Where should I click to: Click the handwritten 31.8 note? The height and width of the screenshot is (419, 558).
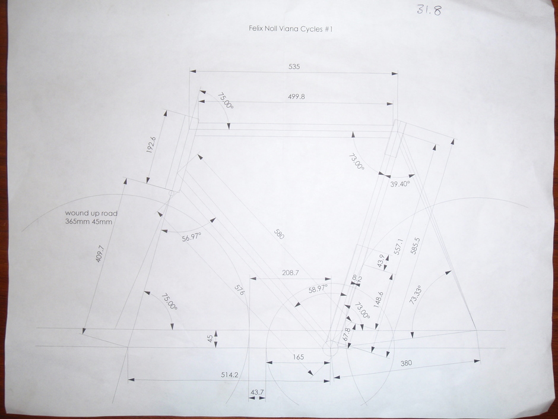[430, 10]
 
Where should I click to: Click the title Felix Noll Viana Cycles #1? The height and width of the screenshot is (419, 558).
[290, 29]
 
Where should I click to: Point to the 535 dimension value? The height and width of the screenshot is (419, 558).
[294, 67]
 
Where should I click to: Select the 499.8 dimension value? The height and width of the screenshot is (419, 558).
[296, 96]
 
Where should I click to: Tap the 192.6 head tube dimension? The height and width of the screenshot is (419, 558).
[151, 144]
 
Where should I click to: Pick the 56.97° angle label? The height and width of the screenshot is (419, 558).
[192, 237]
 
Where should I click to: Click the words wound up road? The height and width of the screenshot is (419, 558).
[91, 213]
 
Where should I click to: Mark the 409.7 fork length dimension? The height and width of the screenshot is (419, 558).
[100, 254]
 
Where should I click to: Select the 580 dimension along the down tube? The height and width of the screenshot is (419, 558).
[280, 234]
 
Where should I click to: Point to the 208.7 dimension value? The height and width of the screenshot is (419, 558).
[290, 273]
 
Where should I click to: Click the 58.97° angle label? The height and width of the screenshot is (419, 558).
[318, 289]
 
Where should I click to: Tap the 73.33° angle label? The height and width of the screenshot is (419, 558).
[416, 295]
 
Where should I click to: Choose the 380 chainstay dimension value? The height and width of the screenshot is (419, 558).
[406, 363]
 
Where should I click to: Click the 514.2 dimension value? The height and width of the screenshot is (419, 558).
[230, 374]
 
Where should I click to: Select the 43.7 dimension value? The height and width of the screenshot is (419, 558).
[257, 392]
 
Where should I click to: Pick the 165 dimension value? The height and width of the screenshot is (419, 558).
[299, 357]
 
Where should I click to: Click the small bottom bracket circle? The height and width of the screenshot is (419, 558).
[331, 348]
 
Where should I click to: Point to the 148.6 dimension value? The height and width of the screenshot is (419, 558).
[379, 300]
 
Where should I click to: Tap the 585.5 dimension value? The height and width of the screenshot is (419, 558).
[416, 246]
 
